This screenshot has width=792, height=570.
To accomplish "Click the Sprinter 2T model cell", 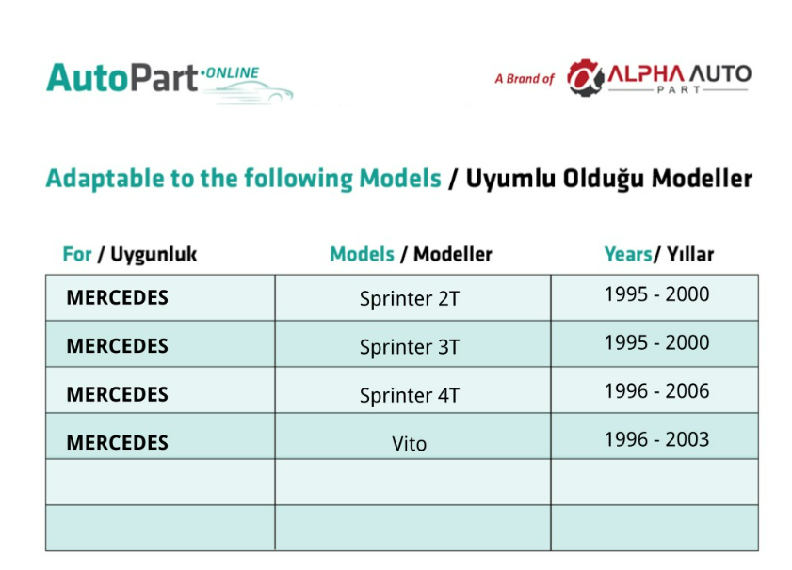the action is click(410, 298).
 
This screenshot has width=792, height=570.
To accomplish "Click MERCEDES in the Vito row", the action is click(117, 443).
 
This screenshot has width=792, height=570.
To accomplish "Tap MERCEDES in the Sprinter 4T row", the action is click(117, 394).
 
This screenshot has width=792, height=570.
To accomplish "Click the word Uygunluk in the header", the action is click(154, 255).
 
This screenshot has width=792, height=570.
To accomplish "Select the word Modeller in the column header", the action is click(453, 254).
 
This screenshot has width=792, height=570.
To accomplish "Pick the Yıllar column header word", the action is click(690, 254).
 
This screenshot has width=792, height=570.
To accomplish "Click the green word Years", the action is click(628, 254).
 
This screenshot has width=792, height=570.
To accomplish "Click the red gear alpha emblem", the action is click(585, 78).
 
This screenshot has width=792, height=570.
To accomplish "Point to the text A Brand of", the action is click(525, 79).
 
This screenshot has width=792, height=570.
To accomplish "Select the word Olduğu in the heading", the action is click(603, 179).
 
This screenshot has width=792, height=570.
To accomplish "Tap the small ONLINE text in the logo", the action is click(233, 73).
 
